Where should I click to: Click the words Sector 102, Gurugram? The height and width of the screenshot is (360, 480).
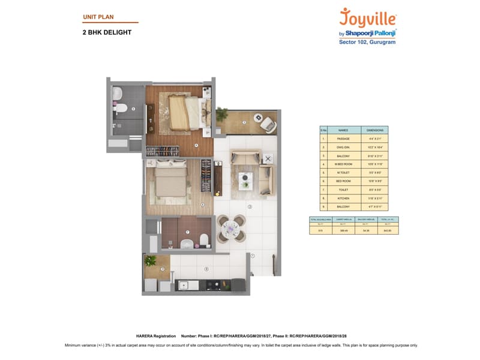pyautogui.click(x=368, y=41)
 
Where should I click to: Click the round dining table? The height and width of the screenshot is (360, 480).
pyautogui.click(x=231, y=228)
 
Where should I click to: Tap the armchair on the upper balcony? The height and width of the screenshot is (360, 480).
pyautogui.click(x=268, y=124)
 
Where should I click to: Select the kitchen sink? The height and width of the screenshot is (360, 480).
pyautogui.click(x=184, y=286)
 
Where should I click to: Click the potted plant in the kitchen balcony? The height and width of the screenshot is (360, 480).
pyautogui.click(x=151, y=261)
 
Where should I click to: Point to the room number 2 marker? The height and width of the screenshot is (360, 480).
pyautogui.click(x=249, y=207)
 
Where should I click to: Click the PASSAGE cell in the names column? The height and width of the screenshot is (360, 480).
pyautogui.click(x=343, y=139)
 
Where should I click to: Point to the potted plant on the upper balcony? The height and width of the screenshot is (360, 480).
pyautogui.click(x=223, y=113)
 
